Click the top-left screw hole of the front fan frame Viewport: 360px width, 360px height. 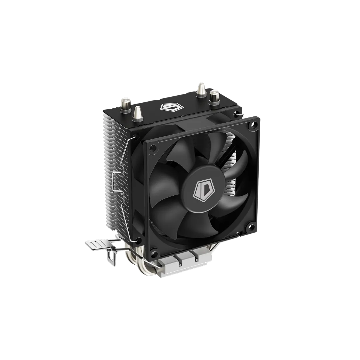[x=152, y=149]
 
